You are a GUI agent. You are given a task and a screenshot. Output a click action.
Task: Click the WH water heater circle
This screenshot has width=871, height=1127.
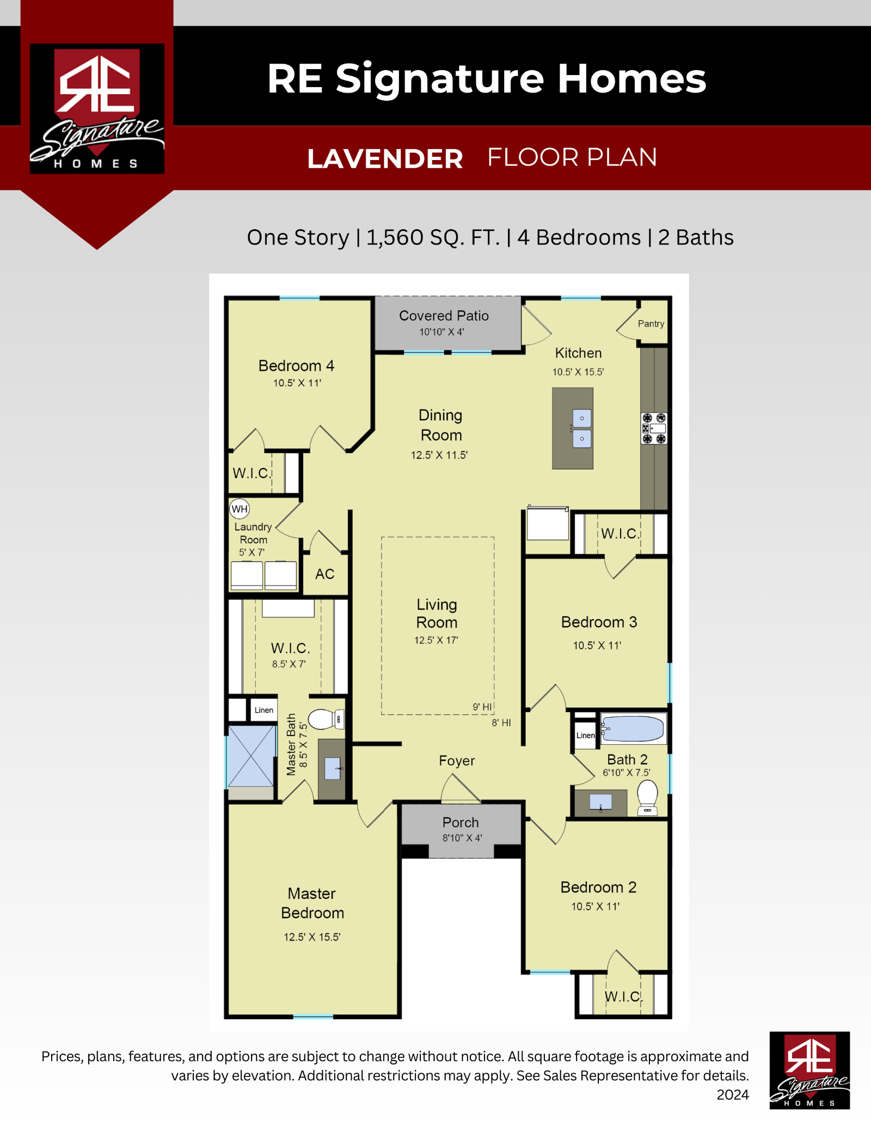coord(240,509)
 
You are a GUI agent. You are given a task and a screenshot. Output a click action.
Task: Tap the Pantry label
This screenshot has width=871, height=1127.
coord(651,323)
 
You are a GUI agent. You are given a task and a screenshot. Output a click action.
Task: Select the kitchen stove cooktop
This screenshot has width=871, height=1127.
coord(654,428)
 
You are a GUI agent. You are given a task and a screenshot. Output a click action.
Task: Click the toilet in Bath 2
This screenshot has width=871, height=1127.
coord(647,798)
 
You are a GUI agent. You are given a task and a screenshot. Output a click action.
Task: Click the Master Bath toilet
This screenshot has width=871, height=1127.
coord(326,719)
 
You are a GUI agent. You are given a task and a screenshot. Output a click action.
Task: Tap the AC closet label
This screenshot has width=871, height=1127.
coord(325,574)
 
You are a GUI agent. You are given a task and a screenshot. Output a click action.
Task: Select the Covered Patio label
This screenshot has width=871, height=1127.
coord(444,316)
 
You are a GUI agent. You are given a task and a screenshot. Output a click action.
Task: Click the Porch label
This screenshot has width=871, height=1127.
coord(461,822)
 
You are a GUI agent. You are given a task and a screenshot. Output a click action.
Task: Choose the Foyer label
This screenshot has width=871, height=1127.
coord(457,761)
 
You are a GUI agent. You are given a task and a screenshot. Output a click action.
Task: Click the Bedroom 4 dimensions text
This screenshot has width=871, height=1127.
coord(297,383)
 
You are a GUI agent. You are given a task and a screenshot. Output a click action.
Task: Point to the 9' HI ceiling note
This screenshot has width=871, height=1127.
coord(482,707)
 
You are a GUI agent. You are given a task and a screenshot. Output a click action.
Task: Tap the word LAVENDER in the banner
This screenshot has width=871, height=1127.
coord(385,159)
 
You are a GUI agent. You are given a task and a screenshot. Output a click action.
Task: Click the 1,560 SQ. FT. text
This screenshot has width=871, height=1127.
coord(433,237)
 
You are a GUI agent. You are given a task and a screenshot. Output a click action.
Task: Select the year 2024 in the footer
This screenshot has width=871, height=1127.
coord(733,1094)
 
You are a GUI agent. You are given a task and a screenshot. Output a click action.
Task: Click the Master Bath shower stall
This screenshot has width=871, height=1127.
coord(251,756)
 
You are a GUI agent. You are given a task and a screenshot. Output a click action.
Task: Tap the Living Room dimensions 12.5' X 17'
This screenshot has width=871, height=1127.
coord(436,640)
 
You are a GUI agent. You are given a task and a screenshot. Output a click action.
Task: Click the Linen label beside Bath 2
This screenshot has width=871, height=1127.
coord(586,735)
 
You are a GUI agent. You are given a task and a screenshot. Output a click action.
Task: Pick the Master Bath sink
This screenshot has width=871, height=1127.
coord(332,769)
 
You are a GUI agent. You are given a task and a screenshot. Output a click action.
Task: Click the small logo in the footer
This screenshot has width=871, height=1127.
coord(809,1070)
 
